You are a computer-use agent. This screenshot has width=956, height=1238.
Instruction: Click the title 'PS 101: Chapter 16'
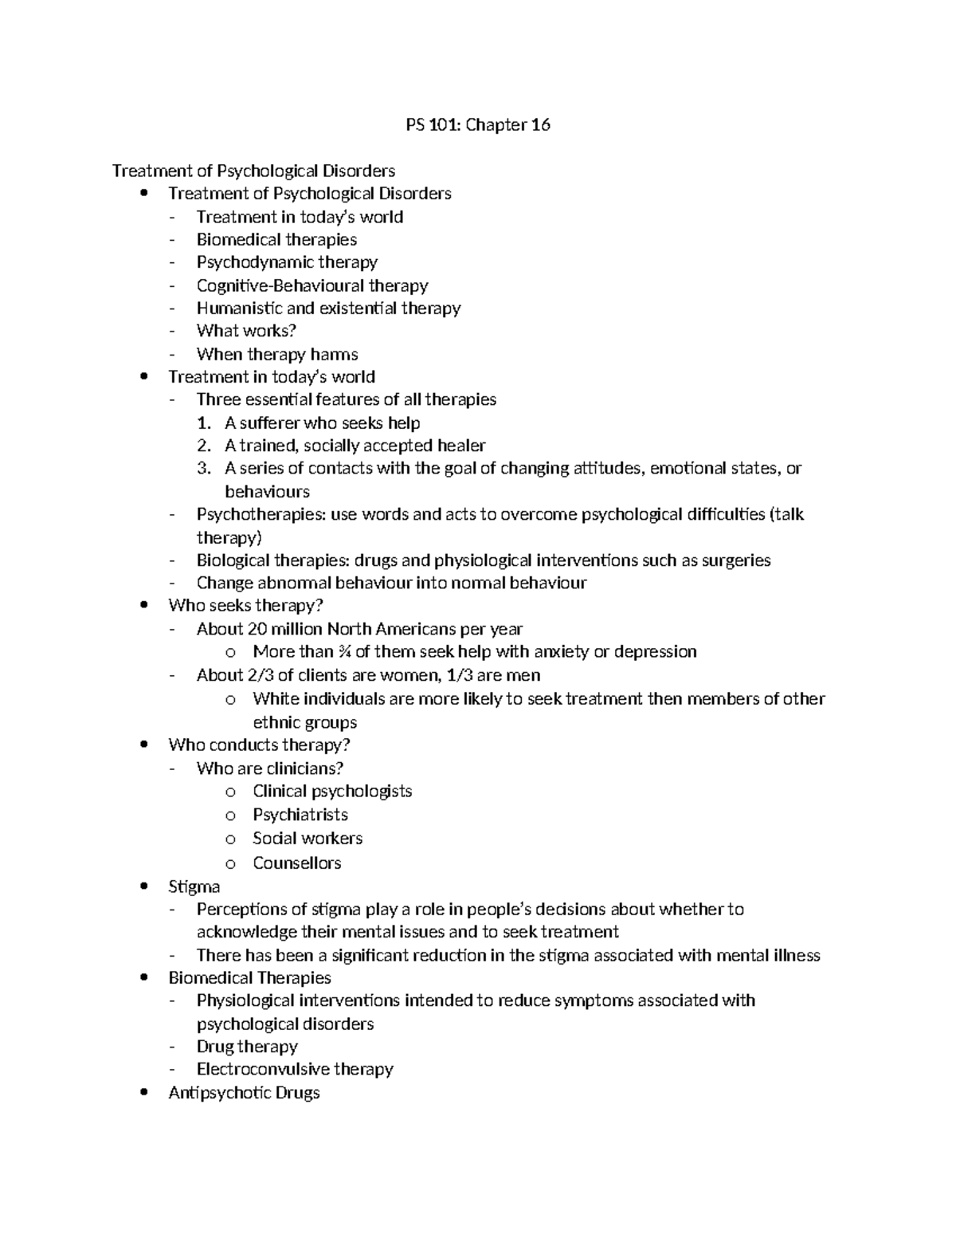[477, 124]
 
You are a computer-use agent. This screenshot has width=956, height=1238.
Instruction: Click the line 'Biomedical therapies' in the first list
[276, 239]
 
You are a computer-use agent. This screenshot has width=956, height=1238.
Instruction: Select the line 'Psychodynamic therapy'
[287, 262]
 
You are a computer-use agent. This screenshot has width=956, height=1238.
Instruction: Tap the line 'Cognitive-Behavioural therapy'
[312, 285]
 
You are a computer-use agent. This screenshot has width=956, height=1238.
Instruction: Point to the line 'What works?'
[246, 331]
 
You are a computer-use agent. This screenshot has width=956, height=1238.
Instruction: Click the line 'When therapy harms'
[277, 354]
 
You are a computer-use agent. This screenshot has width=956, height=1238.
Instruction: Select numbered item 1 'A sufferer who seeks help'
[322, 422]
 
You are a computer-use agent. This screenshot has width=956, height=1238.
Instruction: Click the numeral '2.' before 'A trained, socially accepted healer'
[204, 446]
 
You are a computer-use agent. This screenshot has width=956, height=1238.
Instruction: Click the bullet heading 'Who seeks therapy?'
[245, 605]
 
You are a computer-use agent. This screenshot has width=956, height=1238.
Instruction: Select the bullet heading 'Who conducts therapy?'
[259, 745]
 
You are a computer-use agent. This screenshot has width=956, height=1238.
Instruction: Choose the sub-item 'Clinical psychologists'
[332, 791]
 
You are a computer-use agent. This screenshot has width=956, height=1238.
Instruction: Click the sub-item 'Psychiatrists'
[300, 815]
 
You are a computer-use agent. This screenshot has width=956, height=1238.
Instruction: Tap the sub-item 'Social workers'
[308, 839]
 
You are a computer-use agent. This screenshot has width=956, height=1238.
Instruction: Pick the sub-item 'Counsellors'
[296, 863]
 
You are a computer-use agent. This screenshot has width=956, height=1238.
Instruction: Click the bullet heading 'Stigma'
[194, 886]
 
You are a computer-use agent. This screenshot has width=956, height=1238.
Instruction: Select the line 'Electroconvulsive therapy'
[295, 1069]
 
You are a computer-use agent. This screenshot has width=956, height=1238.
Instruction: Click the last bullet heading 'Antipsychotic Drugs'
[244, 1092]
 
